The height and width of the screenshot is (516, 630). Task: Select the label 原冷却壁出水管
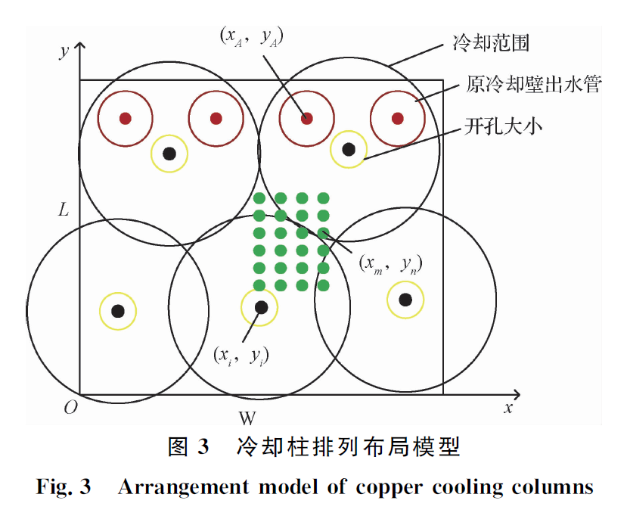pos(533,85)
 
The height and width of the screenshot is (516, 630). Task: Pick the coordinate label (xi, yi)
pos(241,353)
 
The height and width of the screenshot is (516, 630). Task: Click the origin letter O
pos(71,407)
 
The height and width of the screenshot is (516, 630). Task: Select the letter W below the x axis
pos(247,418)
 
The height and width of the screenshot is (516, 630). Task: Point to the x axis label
pos(508,408)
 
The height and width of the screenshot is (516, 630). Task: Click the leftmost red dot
pos(126,118)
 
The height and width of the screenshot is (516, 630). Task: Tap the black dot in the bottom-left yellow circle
pos(118,310)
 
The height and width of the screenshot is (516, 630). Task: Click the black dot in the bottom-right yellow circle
pos(405,300)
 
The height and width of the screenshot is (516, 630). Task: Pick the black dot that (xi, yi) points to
pos(261,306)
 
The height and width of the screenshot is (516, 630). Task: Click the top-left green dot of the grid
pos(259,198)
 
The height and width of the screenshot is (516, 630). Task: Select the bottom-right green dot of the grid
pos(323,285)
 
